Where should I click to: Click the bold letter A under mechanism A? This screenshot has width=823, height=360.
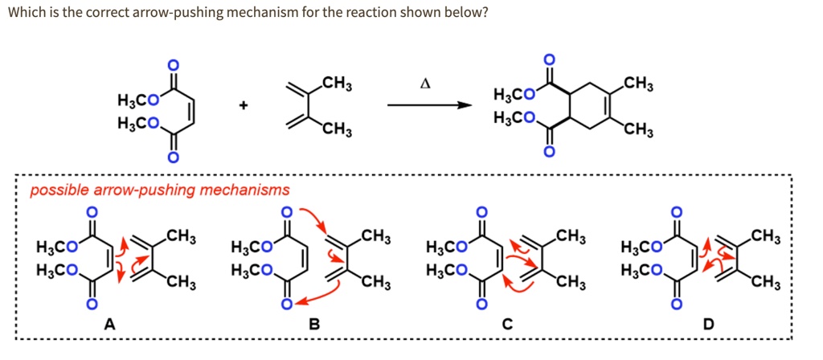point(109,324)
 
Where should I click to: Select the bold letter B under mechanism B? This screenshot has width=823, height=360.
point(315,324)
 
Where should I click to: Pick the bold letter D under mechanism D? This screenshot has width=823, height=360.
point(706,324)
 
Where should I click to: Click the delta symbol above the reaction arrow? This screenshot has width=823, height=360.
point(425,84)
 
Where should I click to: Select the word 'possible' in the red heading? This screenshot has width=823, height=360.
point(55,190)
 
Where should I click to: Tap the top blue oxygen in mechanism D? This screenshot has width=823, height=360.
point(677,211)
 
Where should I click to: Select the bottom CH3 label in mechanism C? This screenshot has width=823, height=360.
point(571,282)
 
